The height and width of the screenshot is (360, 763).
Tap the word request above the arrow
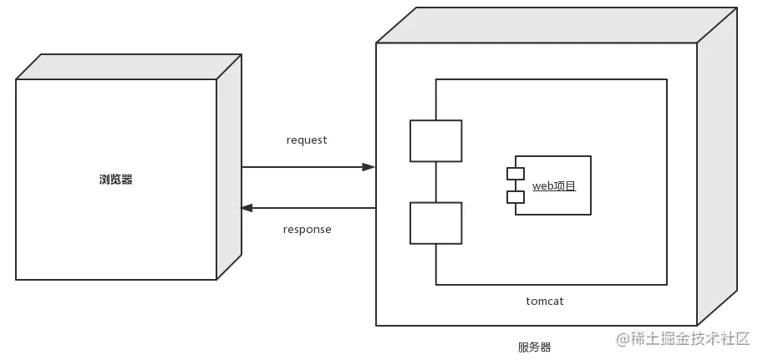click(307, 140)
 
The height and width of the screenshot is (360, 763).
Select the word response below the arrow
click(307, 230)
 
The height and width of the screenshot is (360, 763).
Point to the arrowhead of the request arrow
click(368, 167)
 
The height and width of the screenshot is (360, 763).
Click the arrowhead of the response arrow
click(247, 208)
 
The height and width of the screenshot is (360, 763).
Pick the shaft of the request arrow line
click(301, 167)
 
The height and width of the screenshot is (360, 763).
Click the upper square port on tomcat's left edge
click(435, 140)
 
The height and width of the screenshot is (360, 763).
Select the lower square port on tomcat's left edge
click(435, 223)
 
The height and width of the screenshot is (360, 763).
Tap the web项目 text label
click(554, 185)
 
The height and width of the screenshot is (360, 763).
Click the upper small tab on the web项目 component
click(515, 174)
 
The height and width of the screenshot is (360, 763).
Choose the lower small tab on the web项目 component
click(515, 197)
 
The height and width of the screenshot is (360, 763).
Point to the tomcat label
click(545, 301)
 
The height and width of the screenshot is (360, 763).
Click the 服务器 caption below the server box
click(534, 347)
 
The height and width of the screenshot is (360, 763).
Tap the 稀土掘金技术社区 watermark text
click(691, 338)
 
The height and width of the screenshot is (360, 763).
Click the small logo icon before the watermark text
click(623, 338)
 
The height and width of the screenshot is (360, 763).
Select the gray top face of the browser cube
click(130, 67)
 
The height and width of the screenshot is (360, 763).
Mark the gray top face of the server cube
click(556, 25)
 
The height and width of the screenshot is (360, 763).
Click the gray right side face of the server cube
click(717, 167)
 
